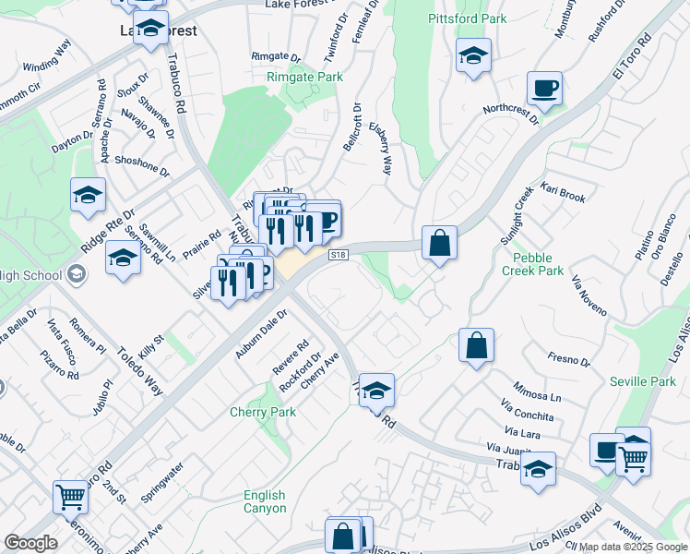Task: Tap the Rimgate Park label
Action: [x=304, y=78]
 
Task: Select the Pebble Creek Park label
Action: [x=532, y=263]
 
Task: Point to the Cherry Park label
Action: [x=263, y=412]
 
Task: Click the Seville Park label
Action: [x=643, y=381]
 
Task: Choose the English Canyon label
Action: [x=265, y=501]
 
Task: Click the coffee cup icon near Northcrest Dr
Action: [x=544, y=89]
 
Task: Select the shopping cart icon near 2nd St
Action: [x=70, y=497]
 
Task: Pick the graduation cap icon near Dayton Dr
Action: [x=88, y=195]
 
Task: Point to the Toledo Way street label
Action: [x=140, y=370]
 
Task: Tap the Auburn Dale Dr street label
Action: [x=262, y=333]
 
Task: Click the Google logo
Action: [x=30, y=543]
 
